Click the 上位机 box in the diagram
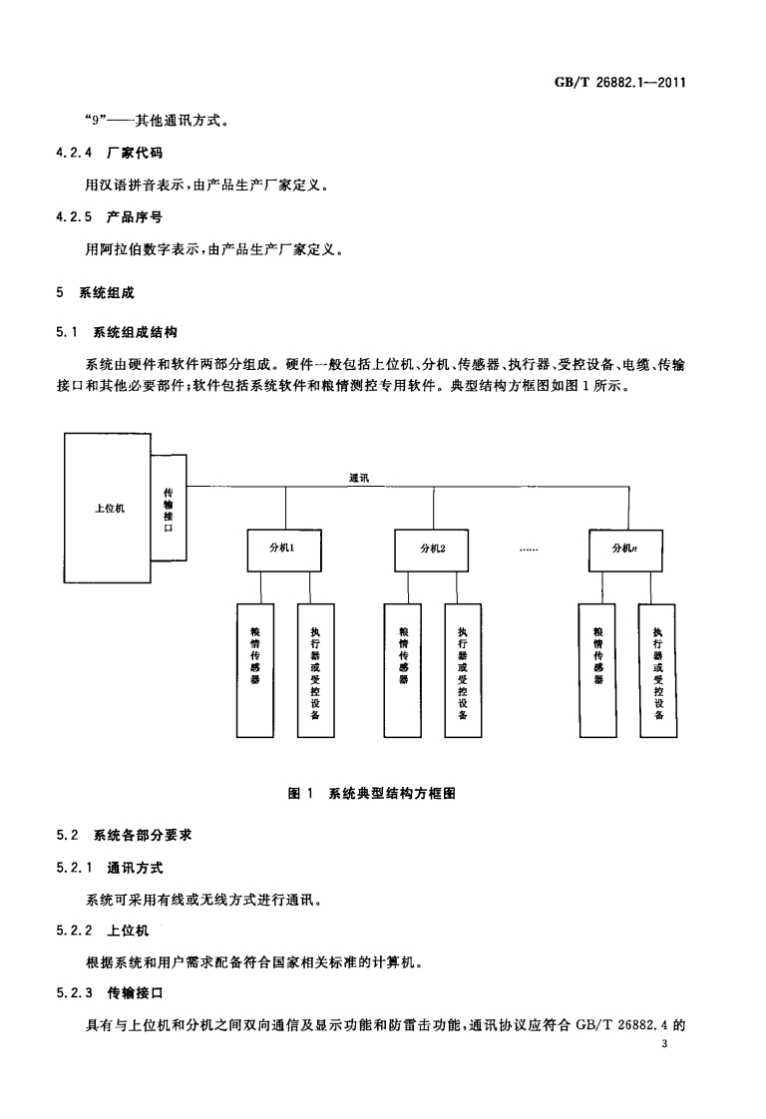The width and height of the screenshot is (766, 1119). [108, 508]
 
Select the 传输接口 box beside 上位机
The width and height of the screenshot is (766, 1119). [168, 508]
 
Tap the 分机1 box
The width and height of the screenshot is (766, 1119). [283, 548]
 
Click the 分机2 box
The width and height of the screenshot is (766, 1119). [433, 548]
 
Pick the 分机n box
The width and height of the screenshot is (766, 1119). [627, 548]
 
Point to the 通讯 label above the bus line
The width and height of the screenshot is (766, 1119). [359, 478]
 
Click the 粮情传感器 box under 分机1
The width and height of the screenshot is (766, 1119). [254, 669]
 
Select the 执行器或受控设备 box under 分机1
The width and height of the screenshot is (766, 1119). [315, 669]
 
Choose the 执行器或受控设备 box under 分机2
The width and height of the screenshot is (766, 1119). [463, 669]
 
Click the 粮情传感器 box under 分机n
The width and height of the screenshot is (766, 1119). [597, 669]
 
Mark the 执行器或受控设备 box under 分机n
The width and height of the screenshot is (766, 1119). [657, 669]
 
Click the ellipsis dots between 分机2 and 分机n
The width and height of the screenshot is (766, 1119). [530, 549]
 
